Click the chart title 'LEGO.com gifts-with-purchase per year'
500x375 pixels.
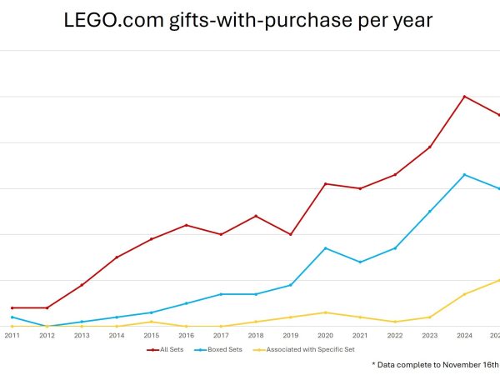[x=248, y=21]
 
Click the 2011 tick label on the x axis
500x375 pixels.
[x=12, y=335]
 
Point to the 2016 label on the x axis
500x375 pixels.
[x=186, y=335]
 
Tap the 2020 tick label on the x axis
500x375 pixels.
[x=325, y=335]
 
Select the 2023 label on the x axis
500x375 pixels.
[x=429, y=335]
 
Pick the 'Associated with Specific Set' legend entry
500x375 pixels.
[x=309, y=349]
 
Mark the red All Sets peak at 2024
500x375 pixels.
[x=464, y=97]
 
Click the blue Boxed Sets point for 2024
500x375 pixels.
[x=464, y=175]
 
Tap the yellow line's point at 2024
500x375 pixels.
[x=464, y=294]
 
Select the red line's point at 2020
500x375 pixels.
[x=325, y=183]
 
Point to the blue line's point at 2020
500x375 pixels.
[x=325, y=248]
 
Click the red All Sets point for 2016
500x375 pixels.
[x=186, y=225]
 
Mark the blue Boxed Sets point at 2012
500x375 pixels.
[x=47, y=326]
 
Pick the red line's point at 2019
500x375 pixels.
[x=290, y=234]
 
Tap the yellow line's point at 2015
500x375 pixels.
[x=151, y=322]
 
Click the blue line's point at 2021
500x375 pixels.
[x=360, y=262]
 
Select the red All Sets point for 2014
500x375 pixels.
[x=117, y=257]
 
